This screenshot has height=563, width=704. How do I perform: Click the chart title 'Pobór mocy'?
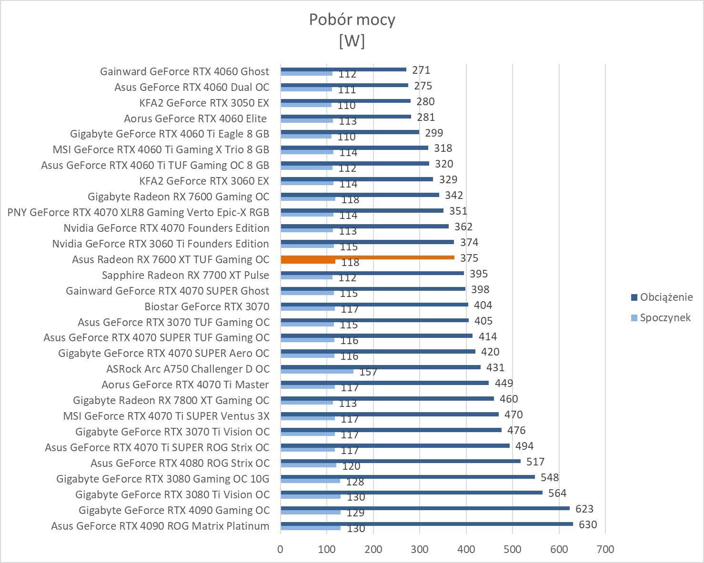[x=352, y=20]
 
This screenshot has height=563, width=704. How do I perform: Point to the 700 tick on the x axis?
[x=605, y=549]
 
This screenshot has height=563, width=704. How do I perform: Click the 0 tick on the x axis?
[x=280, y=549]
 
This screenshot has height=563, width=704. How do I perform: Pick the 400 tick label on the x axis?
[x=466, y=549]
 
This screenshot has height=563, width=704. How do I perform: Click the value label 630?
[x=588, y=524]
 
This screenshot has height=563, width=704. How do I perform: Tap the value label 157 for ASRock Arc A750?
[x=368, y=372]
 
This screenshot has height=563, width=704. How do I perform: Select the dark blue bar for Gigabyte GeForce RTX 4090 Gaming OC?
[x=425, y=508]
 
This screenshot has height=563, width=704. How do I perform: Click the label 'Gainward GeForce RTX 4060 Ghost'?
[x=184, y=71]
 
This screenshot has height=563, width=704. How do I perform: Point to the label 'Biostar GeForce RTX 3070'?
[x=207, y=306]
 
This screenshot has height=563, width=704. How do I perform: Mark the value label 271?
[x=421, y=70]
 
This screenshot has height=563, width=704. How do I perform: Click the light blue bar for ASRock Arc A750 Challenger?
[x=317, y=371]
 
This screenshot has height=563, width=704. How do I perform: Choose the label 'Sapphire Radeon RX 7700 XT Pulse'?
[x=185, y=275]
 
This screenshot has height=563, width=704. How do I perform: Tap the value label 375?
[x=469, y=258]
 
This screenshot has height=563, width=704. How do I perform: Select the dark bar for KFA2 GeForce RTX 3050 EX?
[x=345, y=101]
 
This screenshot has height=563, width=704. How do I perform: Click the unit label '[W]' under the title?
[x=352, y=41]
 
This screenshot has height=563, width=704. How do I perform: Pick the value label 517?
[x=535, y=462]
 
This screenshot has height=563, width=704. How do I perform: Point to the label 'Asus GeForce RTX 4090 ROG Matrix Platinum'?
[x=160, y=526]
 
